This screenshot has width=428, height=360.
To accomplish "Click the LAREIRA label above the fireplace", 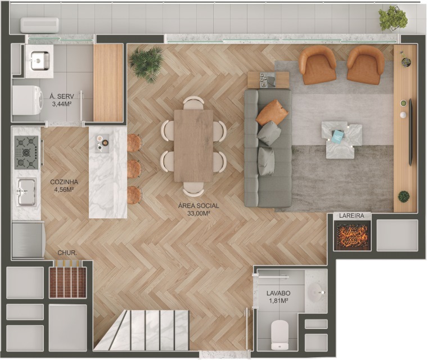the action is pyautogui.click(x=352, y=215).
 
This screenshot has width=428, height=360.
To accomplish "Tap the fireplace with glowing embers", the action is pyautogui.click(x=352, y=236).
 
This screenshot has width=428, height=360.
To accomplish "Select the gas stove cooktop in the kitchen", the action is pyautogui.click(x=26, y=152).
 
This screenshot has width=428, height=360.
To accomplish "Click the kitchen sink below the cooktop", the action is pyautogui.click(x=26, y=192).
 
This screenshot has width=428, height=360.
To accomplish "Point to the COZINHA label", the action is pyautogui.click(x=64, y=182).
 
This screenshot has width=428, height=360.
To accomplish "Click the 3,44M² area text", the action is pyautogui.click(x=62, y=104).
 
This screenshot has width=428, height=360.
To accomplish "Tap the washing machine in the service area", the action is pyautogui.click(x=28, y=100).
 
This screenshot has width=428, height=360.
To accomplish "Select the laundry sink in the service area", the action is pyautogui.click(x=40, y=61).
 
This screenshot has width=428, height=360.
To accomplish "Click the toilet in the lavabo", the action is pyautogui.click(x=280, y=335).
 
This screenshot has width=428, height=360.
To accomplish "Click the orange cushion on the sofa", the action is pyautogui.click(x=272, y=112).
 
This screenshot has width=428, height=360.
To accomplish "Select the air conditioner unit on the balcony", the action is pyautogui.click(x=39, y=25).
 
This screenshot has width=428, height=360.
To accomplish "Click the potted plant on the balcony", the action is pyautogui.click(x=393, y=19).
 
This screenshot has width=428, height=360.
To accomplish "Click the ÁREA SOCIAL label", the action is pyautogui.click(x=199, y=206).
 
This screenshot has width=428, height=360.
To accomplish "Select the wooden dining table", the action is pyautogui.click(x=193, y=146).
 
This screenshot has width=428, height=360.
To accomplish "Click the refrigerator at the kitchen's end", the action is pyautogui.click(x=28, y=240).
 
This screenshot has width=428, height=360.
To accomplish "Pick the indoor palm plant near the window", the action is pyautogui.click(x=147, y=64).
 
